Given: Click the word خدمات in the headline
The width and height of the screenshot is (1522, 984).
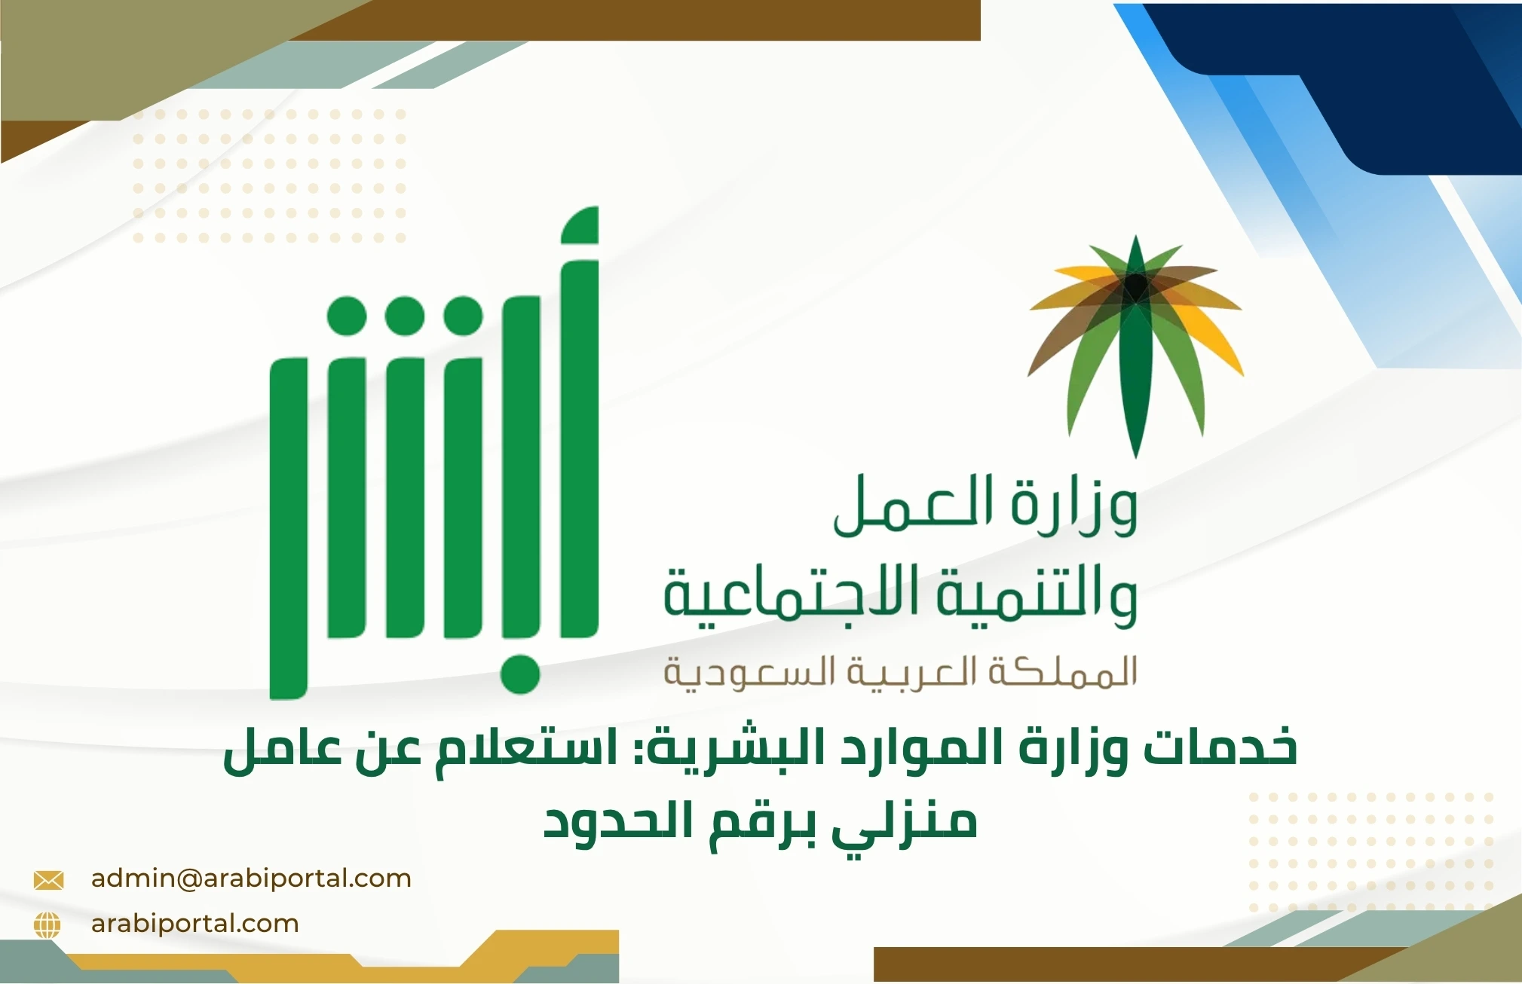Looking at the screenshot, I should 1220,747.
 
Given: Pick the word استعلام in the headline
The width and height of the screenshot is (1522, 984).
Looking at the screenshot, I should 519,747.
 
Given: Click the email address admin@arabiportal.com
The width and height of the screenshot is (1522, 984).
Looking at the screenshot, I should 251,879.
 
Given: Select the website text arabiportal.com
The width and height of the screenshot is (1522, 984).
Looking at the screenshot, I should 194,924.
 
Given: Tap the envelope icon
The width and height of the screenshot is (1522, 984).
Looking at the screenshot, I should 49,880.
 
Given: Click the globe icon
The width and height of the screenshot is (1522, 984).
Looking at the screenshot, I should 47,925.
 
